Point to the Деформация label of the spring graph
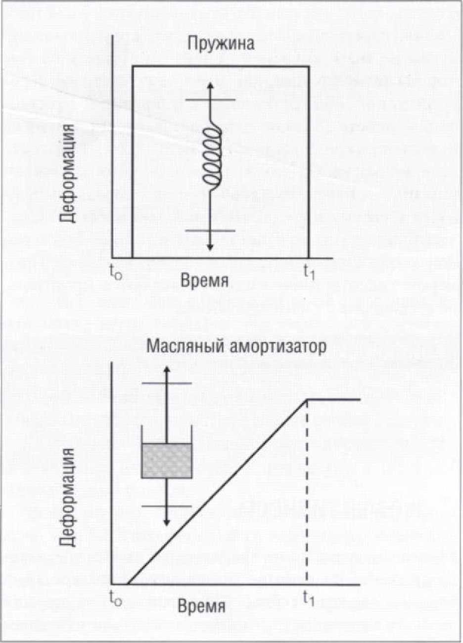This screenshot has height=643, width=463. coord(68,174)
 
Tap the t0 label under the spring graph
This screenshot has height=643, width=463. coord(116,272)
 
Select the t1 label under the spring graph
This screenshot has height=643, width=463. coord(309,272)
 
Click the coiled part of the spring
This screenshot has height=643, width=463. coord(212,158)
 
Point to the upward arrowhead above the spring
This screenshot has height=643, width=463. coord(210,85)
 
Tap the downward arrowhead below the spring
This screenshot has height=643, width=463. coord(210,247)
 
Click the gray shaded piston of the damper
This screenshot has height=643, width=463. coord(167,460)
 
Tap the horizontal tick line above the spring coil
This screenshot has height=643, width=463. coord(210,100)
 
